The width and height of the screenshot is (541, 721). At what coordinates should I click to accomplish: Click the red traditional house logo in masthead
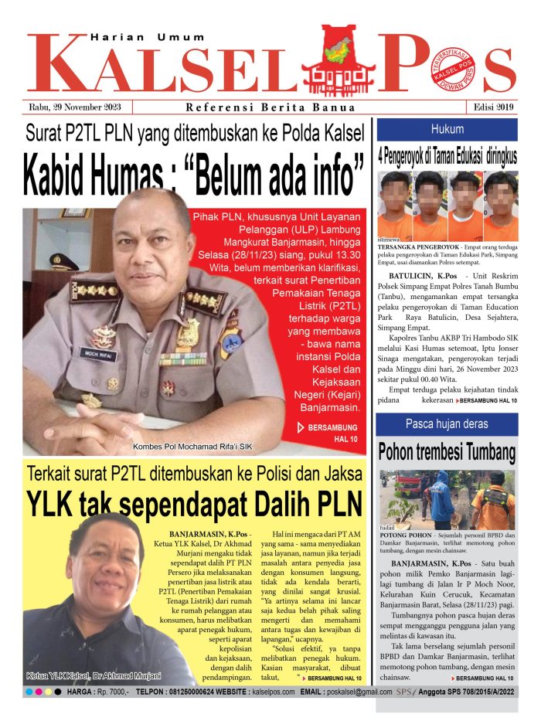(x=337, y=58)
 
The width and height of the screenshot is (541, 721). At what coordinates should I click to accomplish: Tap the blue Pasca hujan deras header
(x=447, y=423)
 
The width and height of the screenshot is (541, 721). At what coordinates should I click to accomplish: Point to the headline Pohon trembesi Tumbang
(x=447, y=451)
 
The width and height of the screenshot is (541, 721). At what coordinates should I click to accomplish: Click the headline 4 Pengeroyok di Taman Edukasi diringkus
(x=447, y=155)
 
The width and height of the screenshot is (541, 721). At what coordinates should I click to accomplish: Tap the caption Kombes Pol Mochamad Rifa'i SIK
(x=192, y=446)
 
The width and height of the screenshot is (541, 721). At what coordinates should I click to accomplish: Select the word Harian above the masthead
(x=114, y=37)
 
